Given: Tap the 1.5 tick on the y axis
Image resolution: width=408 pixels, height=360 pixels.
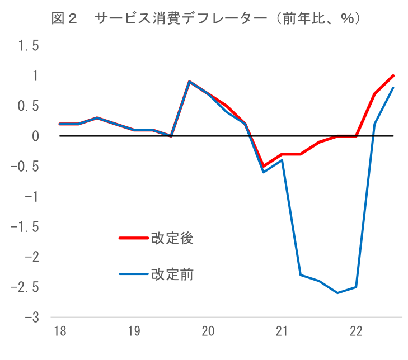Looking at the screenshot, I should [x=29, y=46].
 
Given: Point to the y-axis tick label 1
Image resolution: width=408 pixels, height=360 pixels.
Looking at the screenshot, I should [x=35, y=76].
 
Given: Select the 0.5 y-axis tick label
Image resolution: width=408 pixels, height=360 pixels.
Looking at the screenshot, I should [x=29, y=106].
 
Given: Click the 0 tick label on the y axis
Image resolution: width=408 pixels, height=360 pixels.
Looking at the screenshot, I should [x=35, y=136].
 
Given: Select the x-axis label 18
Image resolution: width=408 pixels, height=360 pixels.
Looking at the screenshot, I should [x=59, y=332].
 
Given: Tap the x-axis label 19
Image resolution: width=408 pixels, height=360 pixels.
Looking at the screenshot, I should [x=134, y=332].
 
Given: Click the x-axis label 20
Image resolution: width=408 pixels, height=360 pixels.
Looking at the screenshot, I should [x=208, y=332].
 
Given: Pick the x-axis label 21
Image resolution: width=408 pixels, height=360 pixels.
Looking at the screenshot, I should [x=282, y=332].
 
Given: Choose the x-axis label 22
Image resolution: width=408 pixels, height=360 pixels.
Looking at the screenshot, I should [x=356, y=332].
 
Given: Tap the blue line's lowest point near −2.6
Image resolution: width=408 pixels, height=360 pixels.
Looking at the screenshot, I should [x=337, y=293].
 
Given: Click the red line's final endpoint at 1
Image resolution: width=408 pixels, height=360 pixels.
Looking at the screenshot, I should [x=393, y=75].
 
